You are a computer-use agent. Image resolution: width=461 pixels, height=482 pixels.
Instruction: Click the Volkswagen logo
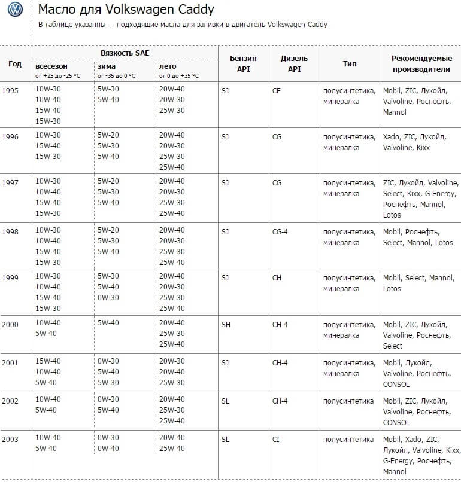pos(16,10)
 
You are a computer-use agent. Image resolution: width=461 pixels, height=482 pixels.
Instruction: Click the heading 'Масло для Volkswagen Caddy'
pos(126,10)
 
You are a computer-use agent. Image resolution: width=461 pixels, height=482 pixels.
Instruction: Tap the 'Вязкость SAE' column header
pos(125,53)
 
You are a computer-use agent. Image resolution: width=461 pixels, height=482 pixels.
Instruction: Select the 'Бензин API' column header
pos(243,63)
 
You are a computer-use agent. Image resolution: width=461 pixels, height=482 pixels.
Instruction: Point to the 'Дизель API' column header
pos(294,63)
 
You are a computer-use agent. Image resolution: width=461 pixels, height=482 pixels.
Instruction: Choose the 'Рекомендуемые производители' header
pos(420,63)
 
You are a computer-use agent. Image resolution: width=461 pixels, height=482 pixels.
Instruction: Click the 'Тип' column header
pos(350,63)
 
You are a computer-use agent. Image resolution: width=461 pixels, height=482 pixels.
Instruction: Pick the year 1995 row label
pos(10,90)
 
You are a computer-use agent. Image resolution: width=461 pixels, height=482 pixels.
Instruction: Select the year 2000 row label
pos(10,324)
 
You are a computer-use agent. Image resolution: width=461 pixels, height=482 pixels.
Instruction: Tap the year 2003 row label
pos(10,440)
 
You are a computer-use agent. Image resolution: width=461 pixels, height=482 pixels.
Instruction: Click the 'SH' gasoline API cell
pos(226,324)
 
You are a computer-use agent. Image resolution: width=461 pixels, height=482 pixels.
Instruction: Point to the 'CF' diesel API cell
pos(276,90)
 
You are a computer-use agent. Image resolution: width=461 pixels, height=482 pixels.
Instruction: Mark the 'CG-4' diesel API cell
pos(280,232)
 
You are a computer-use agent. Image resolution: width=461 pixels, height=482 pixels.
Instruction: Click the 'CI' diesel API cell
pos(275,440)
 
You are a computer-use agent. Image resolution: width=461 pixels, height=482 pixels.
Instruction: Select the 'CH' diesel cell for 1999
pos(277,278)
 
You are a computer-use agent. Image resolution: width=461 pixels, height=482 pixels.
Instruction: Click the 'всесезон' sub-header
pos(51,66)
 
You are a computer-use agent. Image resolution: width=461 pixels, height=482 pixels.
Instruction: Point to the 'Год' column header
pos(15,63)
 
